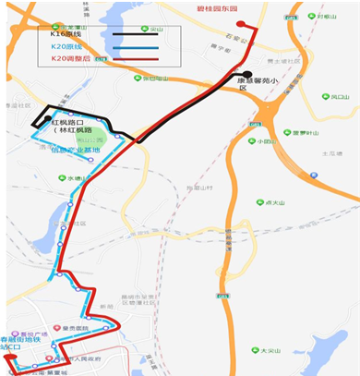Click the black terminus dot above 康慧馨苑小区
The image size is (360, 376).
tap(247, 75)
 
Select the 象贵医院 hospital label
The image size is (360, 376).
tap(74, 327)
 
